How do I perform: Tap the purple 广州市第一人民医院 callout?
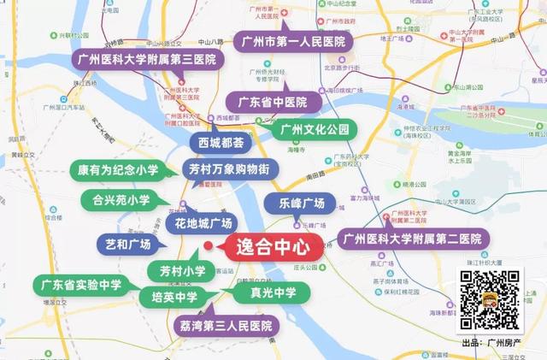click(292, 41)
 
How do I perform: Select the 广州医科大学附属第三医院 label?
click(146, 60)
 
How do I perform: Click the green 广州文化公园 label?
click(315, 130)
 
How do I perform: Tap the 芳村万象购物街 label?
click(229, 168)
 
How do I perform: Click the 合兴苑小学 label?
click(121, 201)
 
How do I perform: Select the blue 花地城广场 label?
click(203, 224)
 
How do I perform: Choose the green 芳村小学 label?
click(182, 271)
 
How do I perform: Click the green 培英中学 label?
click(174, 298)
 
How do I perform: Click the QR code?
click(490, 300)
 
